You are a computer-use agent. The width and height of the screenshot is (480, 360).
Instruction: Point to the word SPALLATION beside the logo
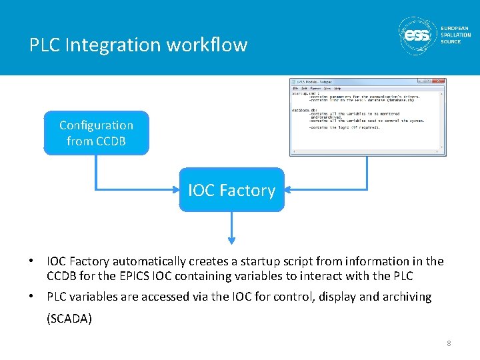click(x=455, y=35)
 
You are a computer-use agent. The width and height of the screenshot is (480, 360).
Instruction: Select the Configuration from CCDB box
click(x=96, y=133)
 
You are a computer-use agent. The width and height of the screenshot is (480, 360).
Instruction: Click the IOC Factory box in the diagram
click(x=231, y=190)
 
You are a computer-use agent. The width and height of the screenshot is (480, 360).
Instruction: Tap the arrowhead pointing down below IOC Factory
click(x=231, y=239)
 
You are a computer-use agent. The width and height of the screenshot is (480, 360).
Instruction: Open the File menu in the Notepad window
click(x=295, y=88)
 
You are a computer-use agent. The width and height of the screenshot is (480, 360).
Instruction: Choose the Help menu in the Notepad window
click(x=337, y=88)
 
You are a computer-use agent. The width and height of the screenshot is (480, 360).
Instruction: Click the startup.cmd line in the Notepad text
click(x=305, y=93)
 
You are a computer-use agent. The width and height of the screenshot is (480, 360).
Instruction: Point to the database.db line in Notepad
click(x=305, y=109)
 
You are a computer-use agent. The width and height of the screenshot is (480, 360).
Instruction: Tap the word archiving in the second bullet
click(x=406, y=297)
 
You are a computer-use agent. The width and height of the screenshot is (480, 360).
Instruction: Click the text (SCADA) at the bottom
click(x=69, y=319)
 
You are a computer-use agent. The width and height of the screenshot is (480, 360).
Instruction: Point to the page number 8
click(x=449, y=343)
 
